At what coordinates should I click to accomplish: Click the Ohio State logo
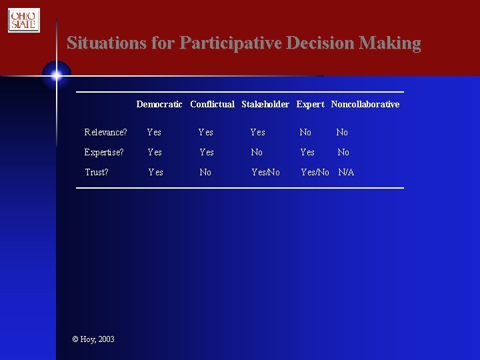point(24,20)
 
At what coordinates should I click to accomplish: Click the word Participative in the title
point(231,43)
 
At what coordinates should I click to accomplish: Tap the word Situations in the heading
point(106,43)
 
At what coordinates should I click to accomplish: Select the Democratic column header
point(159,104)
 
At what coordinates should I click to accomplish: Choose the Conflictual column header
point(212,104)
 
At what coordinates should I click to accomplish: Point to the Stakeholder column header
point(265,104)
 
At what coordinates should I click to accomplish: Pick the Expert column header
point(310,104)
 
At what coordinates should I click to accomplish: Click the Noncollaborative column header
point(365,104)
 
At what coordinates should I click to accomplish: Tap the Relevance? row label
point(105,132)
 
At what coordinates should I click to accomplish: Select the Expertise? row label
point(103,152)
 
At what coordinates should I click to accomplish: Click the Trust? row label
point(96,172)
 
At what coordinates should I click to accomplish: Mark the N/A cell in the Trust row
point(346,172)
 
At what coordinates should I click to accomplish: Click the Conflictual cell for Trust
point(205,172)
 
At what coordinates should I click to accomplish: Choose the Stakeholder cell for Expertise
point(257,152)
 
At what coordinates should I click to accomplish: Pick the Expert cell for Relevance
point(305,132)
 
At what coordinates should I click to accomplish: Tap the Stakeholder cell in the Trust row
point(265,172)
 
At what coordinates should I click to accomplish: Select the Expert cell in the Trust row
point(315,172)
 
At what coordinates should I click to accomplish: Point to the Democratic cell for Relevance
point(154,132)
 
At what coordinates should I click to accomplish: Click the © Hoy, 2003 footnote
point(93,339)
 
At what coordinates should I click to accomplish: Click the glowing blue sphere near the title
point(57,75)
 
